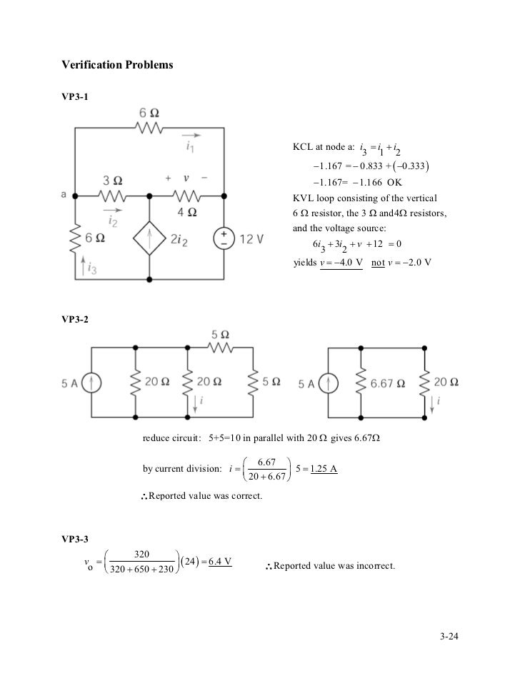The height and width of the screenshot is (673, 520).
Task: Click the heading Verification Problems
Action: click(118, 65)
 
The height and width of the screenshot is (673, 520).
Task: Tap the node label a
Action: click(65, 194)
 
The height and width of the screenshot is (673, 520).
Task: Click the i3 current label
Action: click(90, 268)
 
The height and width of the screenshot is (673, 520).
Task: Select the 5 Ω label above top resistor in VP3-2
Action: click(220, 334)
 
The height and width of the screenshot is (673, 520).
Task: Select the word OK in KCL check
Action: click(394, 181)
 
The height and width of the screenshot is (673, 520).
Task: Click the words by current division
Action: click(182, 469)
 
